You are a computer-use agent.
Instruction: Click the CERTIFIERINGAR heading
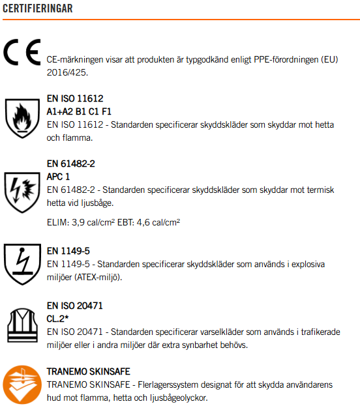(38, 8)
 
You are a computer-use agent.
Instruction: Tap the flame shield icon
(21, 117)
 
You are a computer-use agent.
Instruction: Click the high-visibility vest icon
(21, 323)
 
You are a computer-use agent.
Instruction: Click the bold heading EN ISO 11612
(75, 99)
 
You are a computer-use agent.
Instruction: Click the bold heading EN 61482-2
(71, 164)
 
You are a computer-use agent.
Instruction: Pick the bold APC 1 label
(59, 177)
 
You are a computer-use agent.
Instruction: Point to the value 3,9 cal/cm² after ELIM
(98, 222)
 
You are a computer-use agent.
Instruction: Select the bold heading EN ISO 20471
(75, 306)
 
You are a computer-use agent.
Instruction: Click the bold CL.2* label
(58, 319)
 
